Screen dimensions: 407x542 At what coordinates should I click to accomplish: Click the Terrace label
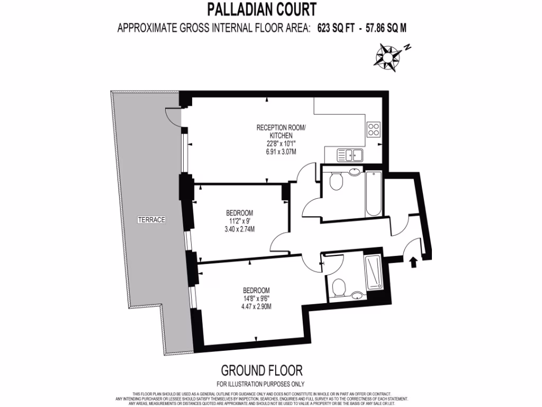pos(152,219)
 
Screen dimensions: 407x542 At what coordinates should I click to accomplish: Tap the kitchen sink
pos(349,155)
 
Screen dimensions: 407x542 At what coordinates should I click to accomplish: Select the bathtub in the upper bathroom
pos(373,193)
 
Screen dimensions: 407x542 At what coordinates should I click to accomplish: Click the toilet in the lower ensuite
pos(339,288)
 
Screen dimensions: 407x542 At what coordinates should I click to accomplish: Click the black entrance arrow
pos(413,261)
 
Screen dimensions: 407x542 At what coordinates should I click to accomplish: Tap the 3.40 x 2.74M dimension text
pos(240,229)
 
